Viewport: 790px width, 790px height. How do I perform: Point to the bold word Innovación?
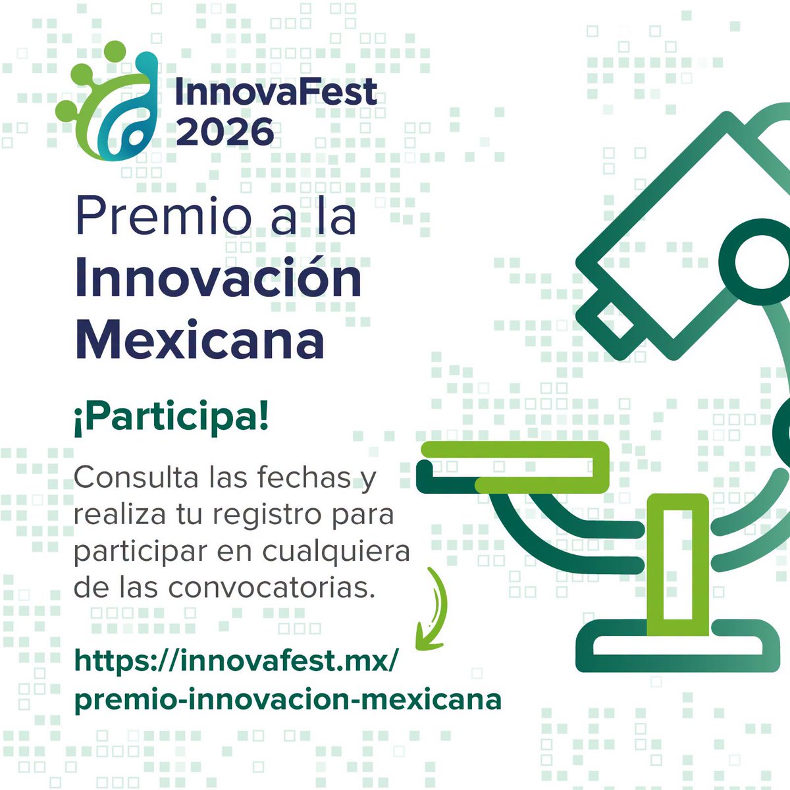pos(219,279)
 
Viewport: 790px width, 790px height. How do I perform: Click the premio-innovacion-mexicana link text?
pos(288,698)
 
